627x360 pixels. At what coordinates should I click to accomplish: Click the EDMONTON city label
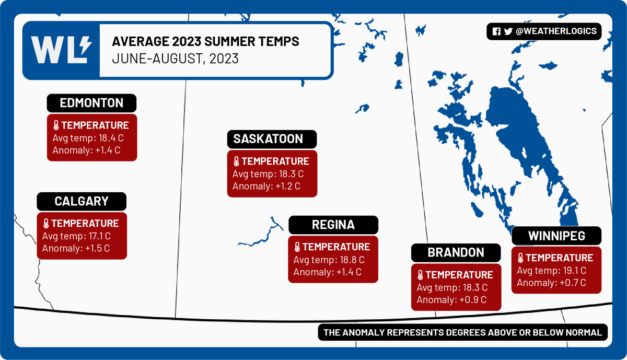click(x=91, y=103)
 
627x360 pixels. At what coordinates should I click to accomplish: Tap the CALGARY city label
click(x=82, y=201)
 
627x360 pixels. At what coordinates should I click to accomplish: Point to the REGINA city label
click(x=333, y=225)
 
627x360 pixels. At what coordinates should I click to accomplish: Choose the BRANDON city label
click(x=456, y=252)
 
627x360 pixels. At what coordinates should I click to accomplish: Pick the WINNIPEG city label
click(x=556, y=236)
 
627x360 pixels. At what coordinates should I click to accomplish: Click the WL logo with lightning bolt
click(x=61, y=50)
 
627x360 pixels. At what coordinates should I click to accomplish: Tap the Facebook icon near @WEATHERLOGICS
click(x=496, y=31)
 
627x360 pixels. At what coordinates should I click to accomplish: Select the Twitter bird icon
click(x=508, y=31)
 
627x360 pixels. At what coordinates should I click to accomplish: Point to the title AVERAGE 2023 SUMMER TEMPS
click(x=206, y=42)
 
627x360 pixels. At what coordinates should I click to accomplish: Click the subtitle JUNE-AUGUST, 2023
click(x=176, y=59)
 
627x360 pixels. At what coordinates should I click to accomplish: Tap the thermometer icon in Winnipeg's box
click(x=520, y=258)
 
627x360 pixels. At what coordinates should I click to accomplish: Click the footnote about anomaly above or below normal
click(x=462, y=332)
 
